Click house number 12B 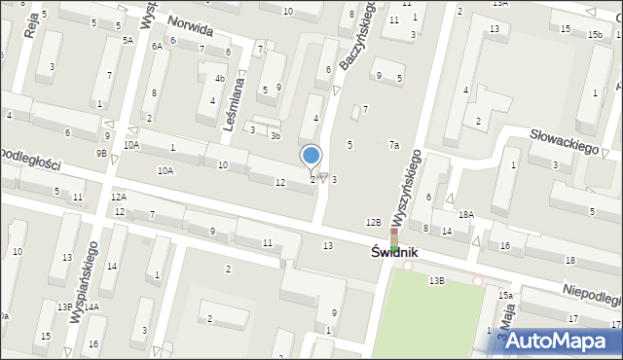(x=373, y=223)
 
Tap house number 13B (x=436, y=280)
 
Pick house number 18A (x=466, y=214)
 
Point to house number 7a (x=394, y=145)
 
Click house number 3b (x=275, y=135)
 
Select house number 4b (x=220, y=79)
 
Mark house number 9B (x=101, y=153)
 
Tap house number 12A (x=118, y=197)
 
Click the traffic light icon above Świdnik (x=394, y=235)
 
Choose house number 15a (x=505, y=295)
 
